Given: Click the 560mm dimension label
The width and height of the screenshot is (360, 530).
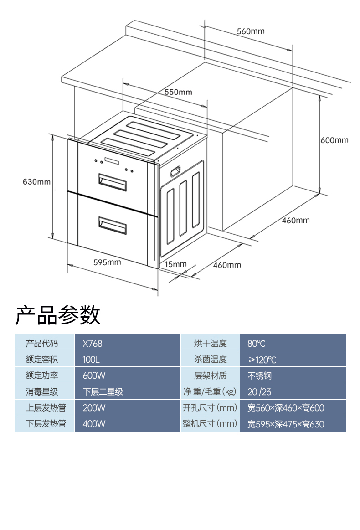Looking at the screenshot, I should tap(251, 31).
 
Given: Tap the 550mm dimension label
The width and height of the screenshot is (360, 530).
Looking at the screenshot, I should tap(178, 92).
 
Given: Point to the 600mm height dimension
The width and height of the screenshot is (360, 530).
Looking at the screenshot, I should tap(334, 140).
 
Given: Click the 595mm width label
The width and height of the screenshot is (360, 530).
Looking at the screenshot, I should tap(107, 262).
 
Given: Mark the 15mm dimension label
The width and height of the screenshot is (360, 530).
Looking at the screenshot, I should tap(176, 264).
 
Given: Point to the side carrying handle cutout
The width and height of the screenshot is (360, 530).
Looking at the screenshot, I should tap(175, 171).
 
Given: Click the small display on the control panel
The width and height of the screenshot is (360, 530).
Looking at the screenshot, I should tap(112, 161).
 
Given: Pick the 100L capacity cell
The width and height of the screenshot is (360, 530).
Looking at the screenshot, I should tap(91, 360).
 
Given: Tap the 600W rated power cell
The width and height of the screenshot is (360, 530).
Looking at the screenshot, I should tap(94, 376).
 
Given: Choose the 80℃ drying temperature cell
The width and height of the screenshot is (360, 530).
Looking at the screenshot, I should tap(256, 343).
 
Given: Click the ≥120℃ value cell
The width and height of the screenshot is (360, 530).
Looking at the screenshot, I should tap(262, 360).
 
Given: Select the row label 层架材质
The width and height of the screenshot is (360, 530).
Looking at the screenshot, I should tap(210, 376).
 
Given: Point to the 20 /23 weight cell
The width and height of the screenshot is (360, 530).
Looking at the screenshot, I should tap(259, 391).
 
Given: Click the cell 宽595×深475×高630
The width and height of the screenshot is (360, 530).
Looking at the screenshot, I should tap(286, 424).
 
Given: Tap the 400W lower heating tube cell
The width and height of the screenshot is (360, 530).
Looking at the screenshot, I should tap(94, 424).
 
